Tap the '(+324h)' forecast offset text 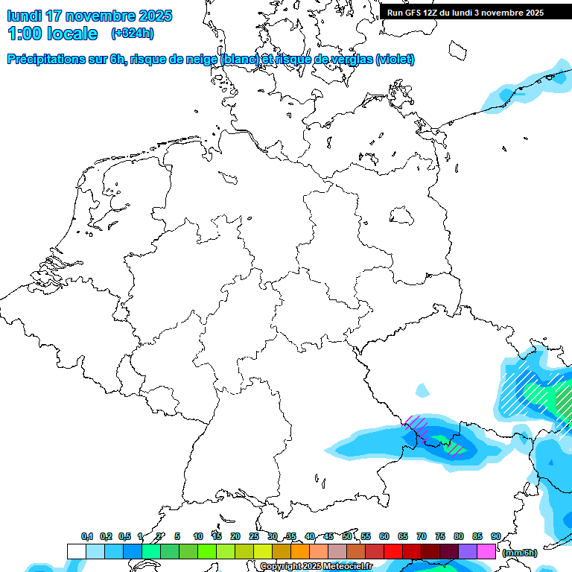pos(132,34)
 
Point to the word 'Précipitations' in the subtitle pos(46,60)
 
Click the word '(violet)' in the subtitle pos(395,60)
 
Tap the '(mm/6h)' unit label pos(520,553)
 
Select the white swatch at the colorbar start pos(76,551)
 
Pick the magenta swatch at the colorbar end pos(486,551)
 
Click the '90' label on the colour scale pos(495,537)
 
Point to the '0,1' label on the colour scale pos(87,537)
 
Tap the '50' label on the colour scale pos(347,537)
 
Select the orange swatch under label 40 pos(300,551)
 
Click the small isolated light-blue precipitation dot pos(422,390)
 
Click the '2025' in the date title pos(154,16)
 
